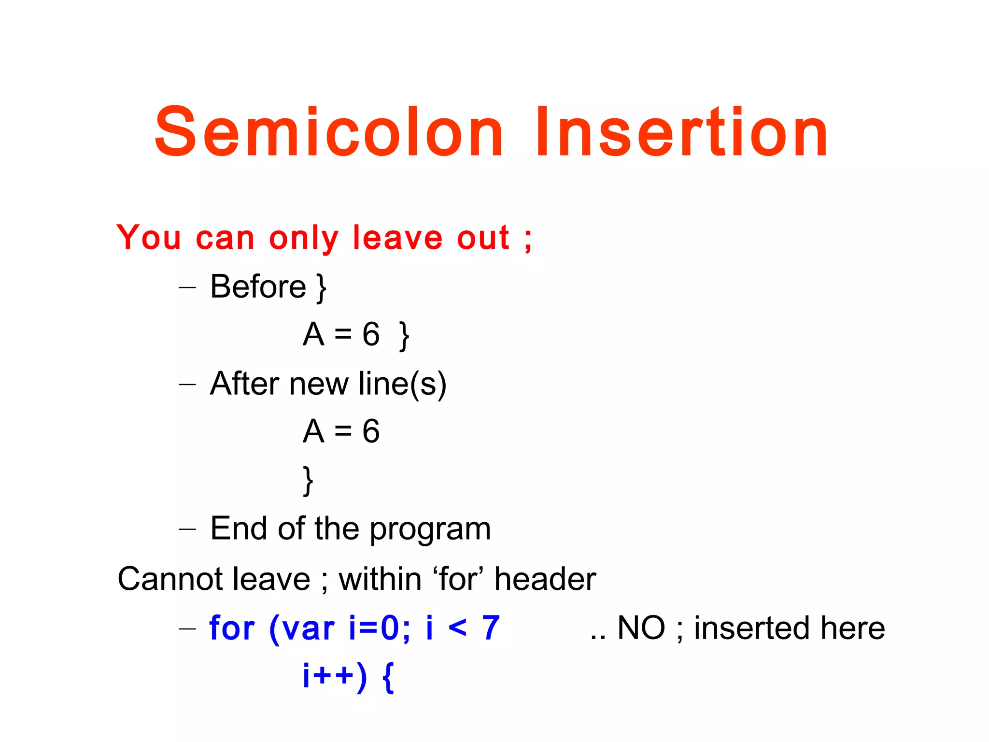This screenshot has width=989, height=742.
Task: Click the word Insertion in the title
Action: coord(682,133)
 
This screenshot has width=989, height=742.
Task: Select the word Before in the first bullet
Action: coord(258,286)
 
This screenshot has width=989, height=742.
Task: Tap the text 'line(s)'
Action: coord(403,385)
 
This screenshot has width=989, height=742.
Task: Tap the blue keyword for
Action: coord(232,628)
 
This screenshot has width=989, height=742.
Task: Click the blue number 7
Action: coord(491,628)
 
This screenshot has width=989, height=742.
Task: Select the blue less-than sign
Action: coord(457,628)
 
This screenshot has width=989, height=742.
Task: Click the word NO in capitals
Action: coord(641,628)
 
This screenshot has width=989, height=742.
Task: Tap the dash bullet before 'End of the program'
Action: coord(187,529)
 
